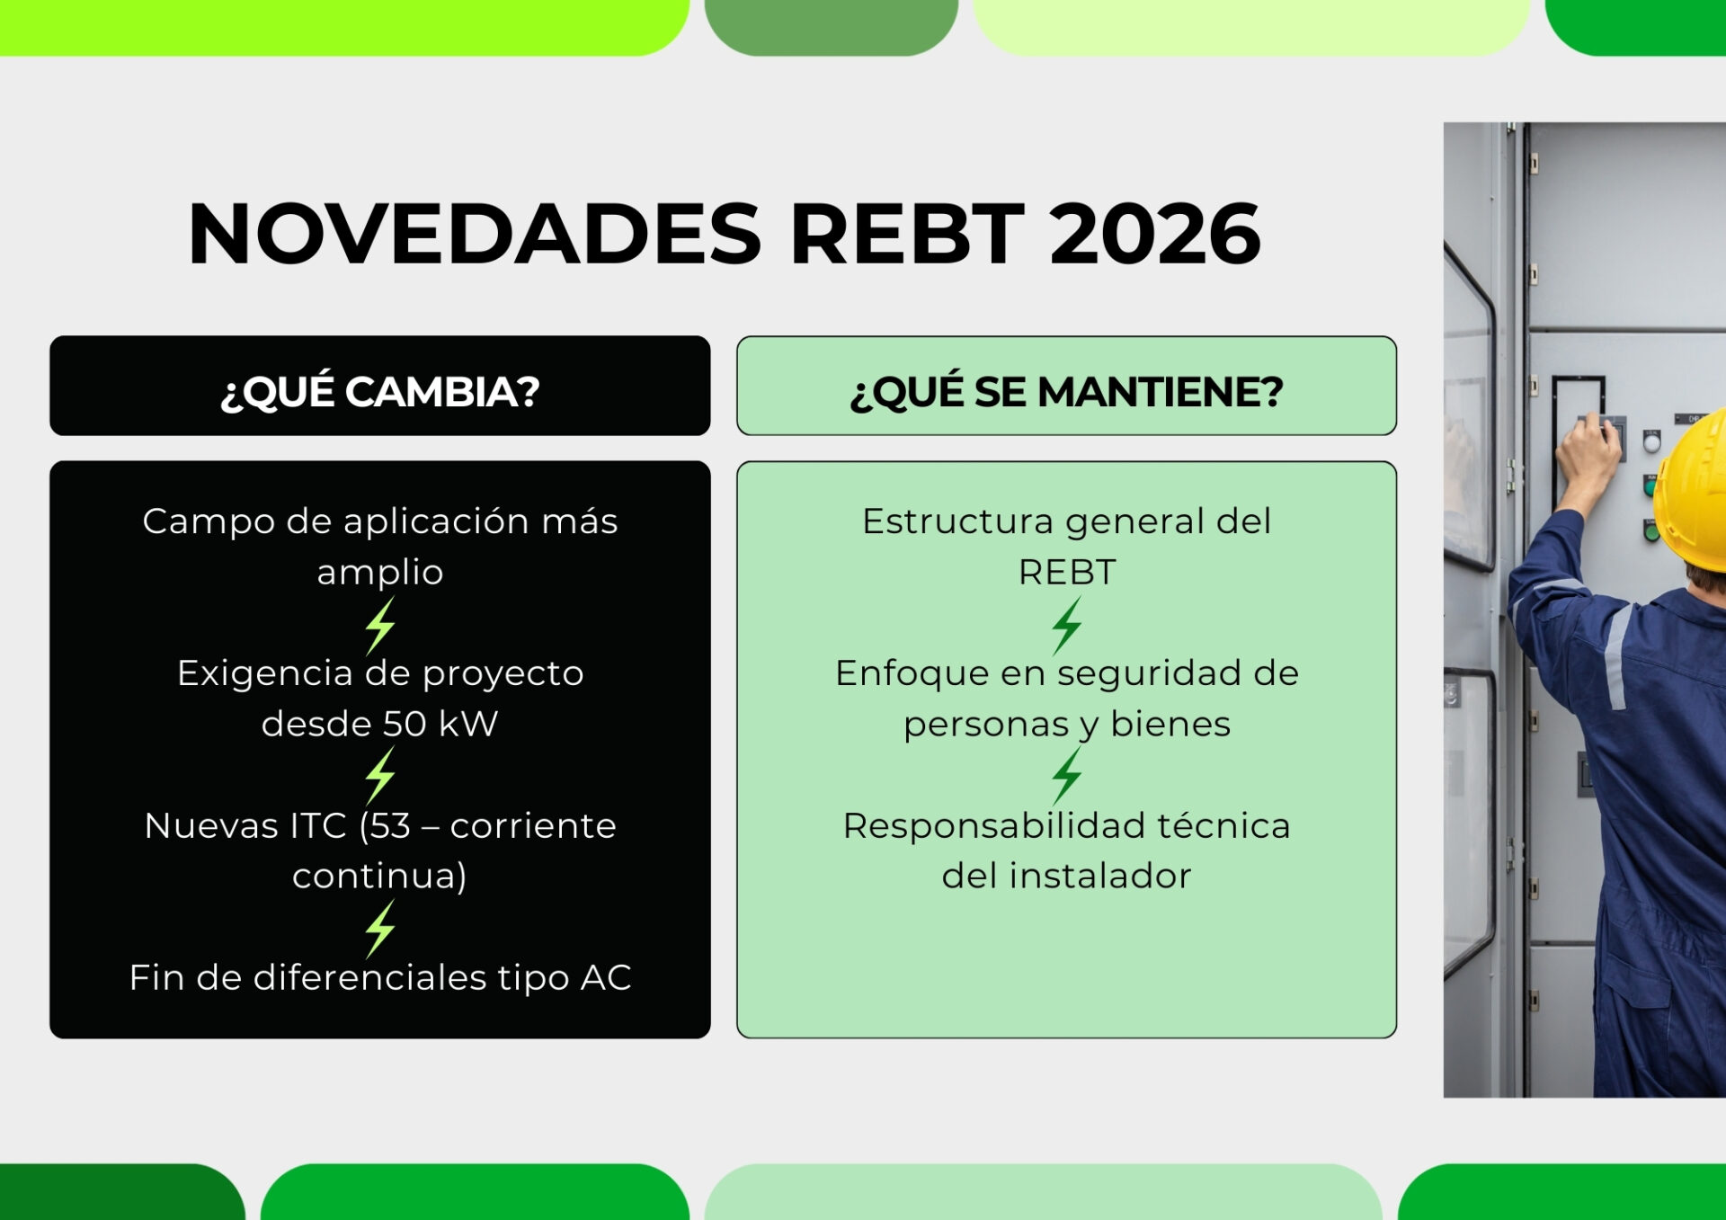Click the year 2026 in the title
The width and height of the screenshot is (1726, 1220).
point(1155,234)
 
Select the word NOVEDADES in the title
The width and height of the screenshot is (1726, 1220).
point(475,234)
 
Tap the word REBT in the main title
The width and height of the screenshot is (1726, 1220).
point(907,234)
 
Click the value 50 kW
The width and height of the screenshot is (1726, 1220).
point(440,724)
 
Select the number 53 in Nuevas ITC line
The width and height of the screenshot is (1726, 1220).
point(389,826)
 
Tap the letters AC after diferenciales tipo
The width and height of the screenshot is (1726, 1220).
point(606,978)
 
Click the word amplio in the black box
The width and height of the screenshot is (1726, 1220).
point(380,573)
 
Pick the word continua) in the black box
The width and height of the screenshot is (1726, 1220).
point(380,876)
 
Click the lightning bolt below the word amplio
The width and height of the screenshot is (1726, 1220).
point(380,625)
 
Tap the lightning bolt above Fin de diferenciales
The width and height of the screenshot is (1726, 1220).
point(380,929)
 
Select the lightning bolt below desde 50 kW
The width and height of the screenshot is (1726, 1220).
point(380,776)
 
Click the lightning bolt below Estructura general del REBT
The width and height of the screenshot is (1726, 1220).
point(1067,625)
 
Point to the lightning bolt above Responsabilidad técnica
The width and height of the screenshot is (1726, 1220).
point(1067,776)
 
